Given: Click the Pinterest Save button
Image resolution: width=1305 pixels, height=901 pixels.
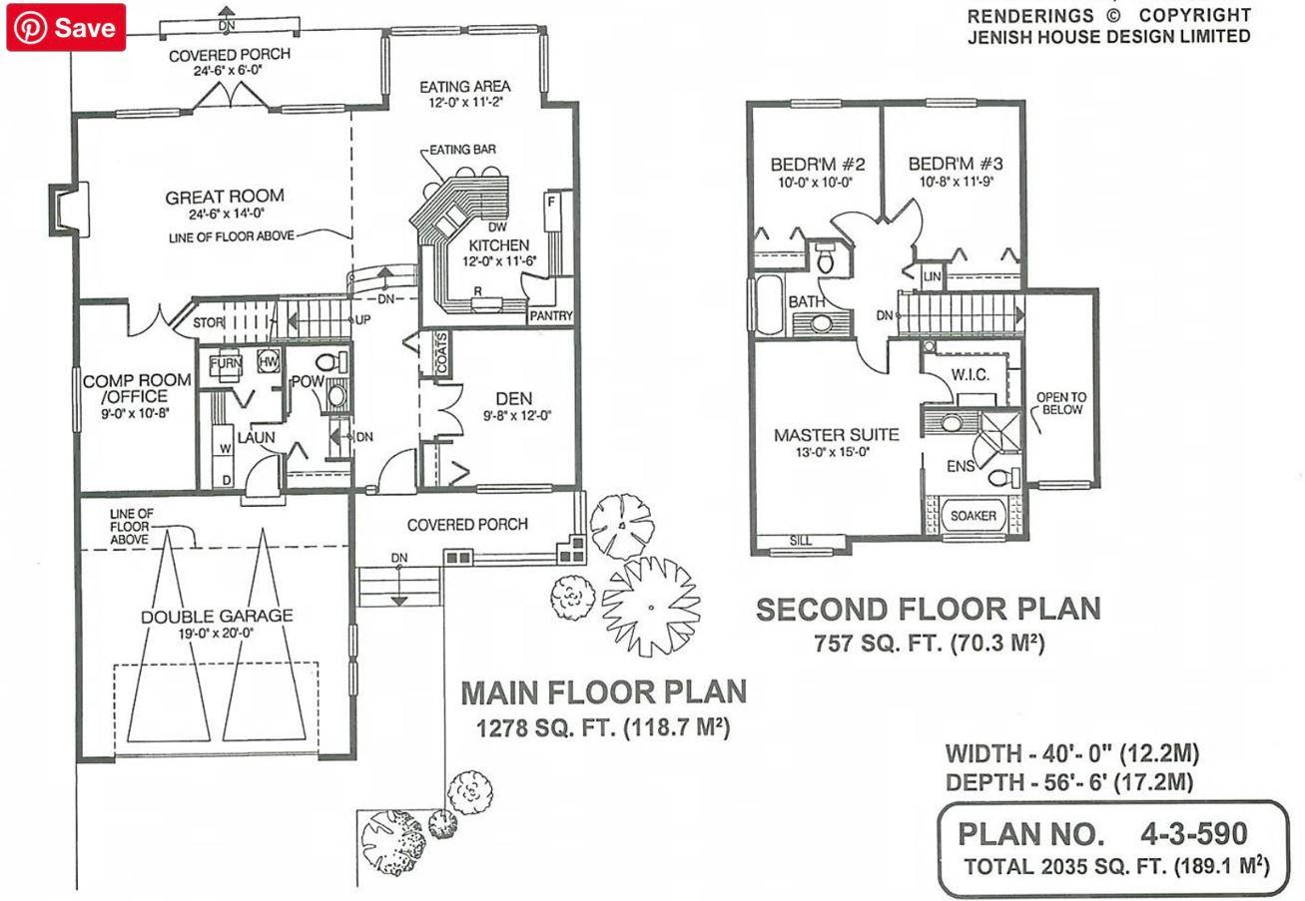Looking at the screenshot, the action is coord(66,27).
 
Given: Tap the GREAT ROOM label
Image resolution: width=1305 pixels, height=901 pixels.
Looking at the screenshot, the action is coord(225,197).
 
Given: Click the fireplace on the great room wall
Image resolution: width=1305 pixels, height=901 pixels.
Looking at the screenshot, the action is coord(69,210).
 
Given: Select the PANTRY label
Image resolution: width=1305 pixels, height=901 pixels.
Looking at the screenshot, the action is coord(550,316).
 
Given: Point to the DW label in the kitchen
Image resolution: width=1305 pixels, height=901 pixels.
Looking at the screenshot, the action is coord(497,226).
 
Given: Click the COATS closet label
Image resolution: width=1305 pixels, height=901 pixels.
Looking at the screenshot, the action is coord(441,353).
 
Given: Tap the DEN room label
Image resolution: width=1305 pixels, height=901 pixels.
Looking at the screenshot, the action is coord(514,399).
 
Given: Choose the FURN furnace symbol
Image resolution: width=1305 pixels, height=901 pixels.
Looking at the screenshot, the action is coord(226,365).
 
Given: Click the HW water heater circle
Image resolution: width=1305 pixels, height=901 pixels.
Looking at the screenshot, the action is coord(268,361).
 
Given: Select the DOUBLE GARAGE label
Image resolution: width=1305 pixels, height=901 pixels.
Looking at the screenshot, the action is coord(217,616).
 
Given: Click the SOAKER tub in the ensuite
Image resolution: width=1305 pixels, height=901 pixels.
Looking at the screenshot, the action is coord(974,515).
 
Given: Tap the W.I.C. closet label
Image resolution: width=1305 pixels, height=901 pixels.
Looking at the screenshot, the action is coord(970,375).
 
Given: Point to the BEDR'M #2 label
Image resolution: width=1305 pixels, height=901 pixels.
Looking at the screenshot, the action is coord(818,165).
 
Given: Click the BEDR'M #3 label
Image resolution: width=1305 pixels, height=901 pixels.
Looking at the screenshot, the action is coord(956,164).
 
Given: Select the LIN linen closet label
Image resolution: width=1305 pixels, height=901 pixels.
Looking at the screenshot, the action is coord(932,276).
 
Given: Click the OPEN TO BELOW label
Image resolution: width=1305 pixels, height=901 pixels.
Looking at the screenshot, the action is coord(1061,403).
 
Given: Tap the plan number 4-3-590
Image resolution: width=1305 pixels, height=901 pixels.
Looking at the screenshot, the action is coord(1194,833).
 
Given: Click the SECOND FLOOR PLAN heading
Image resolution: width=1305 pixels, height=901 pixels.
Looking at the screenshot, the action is coord(928,610).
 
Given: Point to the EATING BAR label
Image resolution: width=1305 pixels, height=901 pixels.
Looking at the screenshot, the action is coord(462,150).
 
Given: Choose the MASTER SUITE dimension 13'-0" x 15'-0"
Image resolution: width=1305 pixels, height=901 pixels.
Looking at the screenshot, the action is coord(833,452).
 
